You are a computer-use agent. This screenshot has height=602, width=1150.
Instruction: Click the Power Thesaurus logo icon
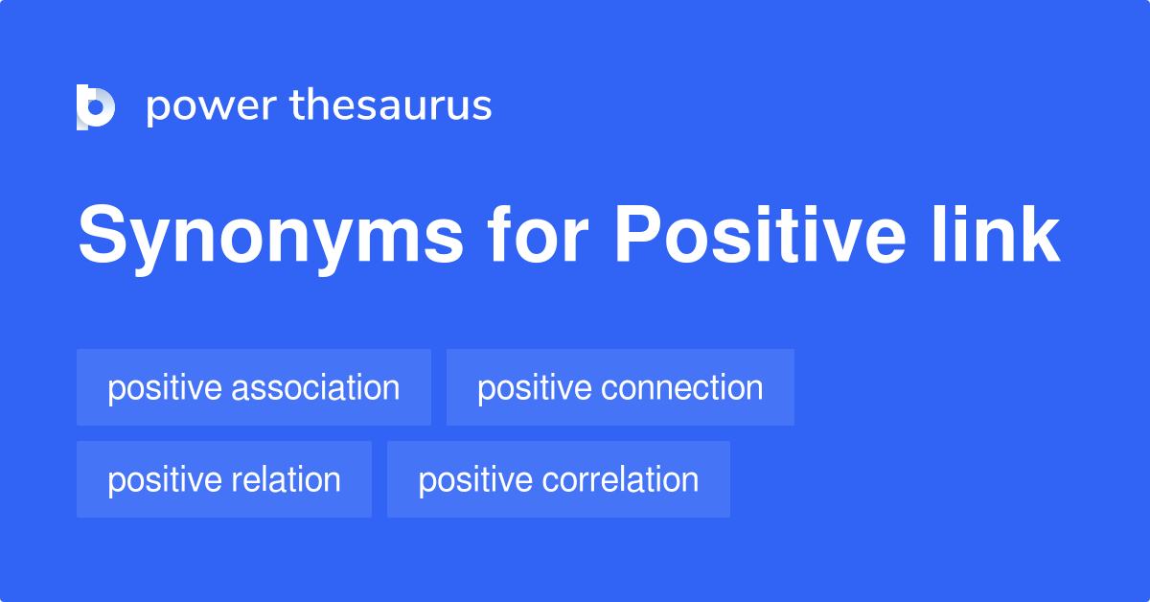click(x=96, y=105)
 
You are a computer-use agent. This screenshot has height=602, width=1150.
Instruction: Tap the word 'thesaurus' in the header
click(x=391, y=105)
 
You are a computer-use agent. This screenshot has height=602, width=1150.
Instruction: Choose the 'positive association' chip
click(x=253, y=387)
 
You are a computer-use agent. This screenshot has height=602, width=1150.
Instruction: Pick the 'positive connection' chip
click(x=620, y=387)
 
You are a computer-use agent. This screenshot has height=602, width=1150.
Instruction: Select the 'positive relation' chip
click(x=223, y=479)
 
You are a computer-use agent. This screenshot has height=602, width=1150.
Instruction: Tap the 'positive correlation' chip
click(x=558, y=479)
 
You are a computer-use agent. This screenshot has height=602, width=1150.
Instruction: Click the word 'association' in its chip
click(x=316, y=387)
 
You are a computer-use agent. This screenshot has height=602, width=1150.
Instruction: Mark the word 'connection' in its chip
click(x=682, y=387)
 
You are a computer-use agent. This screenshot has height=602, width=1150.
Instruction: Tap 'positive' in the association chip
click(x=164, y=389)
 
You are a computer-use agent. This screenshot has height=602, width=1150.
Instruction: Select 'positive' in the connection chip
click(x=534, y=389)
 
